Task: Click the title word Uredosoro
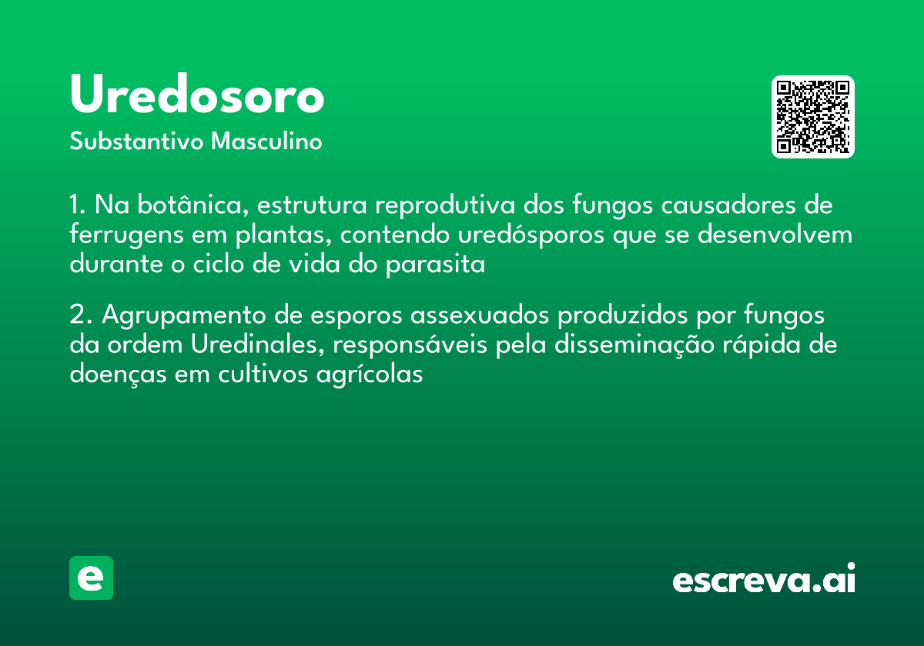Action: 197,96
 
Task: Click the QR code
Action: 813,117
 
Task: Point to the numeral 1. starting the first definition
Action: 76,206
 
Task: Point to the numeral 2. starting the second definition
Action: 79,316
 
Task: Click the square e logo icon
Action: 91,578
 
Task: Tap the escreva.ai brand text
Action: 764,580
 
